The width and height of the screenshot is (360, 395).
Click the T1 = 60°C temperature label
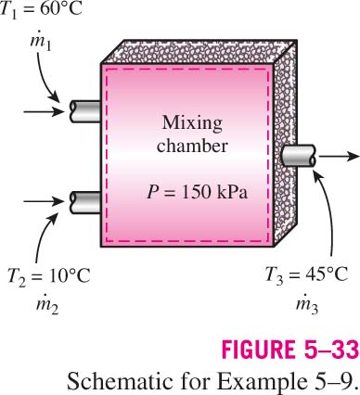click(41, 10)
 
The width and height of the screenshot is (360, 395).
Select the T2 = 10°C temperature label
click(48, 275)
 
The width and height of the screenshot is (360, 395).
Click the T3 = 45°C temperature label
click(307, 274)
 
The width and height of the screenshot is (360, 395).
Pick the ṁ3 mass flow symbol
click(307, 306)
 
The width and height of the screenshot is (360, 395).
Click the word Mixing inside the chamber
click(192, 123)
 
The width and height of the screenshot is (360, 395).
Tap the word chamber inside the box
click(192, 146)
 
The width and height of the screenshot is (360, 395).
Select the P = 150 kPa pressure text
click(198, 192)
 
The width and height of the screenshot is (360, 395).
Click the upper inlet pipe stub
click(85, 111)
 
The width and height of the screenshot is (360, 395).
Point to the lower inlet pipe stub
click(85, 202)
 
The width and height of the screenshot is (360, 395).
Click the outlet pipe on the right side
click(300, 156)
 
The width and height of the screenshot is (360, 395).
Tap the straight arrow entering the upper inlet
click(44, 111)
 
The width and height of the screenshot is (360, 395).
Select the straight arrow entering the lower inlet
click(44, 201)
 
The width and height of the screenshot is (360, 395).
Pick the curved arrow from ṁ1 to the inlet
click(44, 78)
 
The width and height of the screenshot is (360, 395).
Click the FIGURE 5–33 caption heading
click(290, 350)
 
